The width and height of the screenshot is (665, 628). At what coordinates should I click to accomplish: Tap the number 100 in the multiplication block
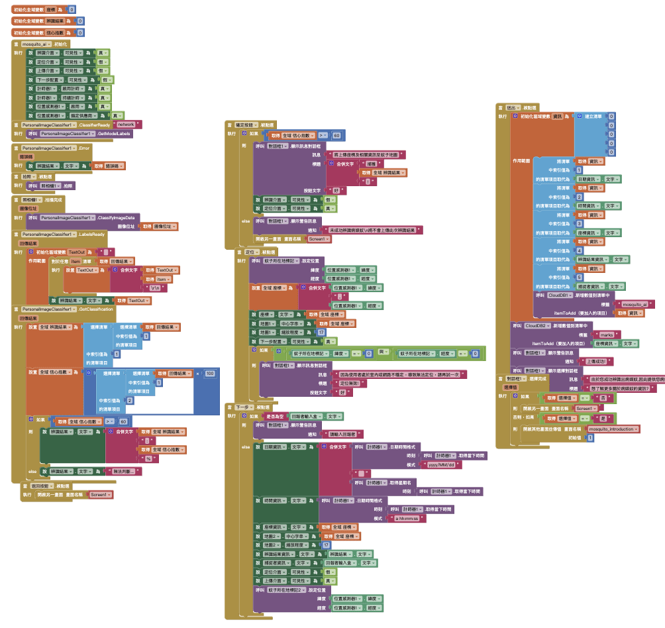pos(209,374)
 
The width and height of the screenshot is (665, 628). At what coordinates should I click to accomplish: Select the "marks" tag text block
pos(607,335)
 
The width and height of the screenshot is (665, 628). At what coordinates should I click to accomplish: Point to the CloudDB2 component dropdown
pos(537,326)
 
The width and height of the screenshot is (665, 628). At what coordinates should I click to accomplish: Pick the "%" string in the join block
pos(148,458)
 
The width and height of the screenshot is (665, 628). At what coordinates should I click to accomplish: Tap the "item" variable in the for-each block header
pos(76,261)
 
